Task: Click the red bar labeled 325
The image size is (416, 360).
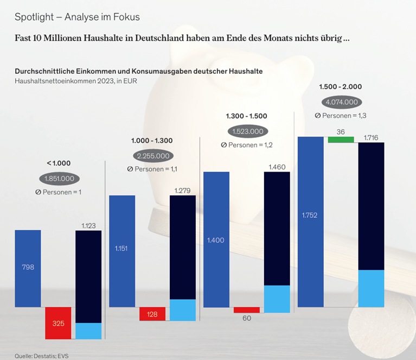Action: (x=58, y=324)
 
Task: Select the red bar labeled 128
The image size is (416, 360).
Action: (x=152, y=314)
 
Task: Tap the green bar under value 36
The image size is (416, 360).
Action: (x=341, y=140)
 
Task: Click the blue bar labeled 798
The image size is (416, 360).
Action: (x=28, y=268)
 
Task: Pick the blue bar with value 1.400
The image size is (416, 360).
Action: (x=216, y=239)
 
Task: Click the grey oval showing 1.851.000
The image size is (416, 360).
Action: (x=59, y=179)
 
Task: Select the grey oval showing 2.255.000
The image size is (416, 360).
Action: (x=153, y=156)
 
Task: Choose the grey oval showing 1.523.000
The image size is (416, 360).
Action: (x=247, y=131)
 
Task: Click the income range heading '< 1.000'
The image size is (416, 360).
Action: (x=59, y=163)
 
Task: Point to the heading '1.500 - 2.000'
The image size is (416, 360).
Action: (x=341, y=86)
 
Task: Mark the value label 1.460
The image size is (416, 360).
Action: (x=277, y=167)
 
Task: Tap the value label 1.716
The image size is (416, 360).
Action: (x=372, y=137)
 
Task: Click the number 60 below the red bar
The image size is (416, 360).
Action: (x=247, y=318)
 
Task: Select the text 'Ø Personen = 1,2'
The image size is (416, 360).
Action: (x=247, y=145)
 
